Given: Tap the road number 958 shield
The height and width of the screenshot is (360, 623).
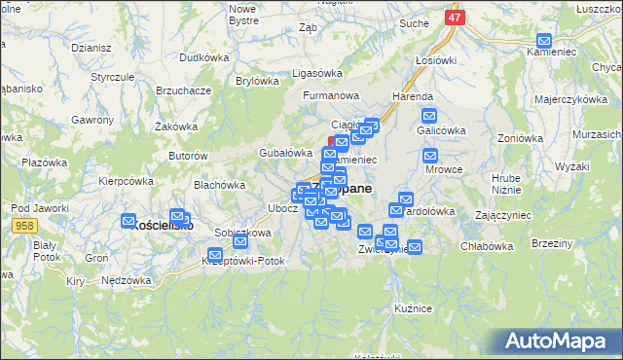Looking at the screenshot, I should coord(25,225).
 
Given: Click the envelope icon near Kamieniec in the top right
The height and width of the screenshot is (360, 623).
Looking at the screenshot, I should coord(544,42).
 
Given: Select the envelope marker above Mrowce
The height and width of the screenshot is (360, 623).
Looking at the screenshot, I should coord(430,155).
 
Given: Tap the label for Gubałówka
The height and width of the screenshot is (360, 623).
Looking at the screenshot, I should coord(283,153).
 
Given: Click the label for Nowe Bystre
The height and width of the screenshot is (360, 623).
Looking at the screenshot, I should coord(242,14).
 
